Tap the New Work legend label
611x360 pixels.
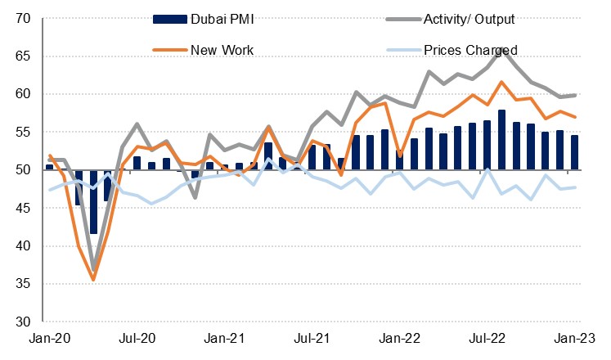click(222, 50)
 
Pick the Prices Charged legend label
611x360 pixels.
click(470, 50)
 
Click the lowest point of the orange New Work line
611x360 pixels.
click(93, 280)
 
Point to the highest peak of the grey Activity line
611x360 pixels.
click(501, 49)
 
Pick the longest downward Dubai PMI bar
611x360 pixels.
click(93, 202)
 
